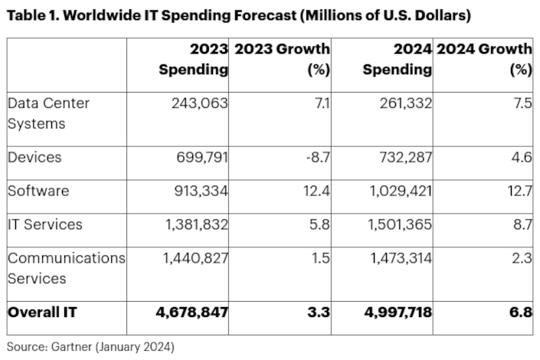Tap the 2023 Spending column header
tap(193, 59)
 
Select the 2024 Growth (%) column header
tap(484, 59)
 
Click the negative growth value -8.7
tap(314, 157)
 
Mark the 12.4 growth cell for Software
tap(315, 191)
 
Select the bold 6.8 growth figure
tap(520, 312)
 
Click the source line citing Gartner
tap(90, 347)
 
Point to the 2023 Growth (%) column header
tap(283, 59)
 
